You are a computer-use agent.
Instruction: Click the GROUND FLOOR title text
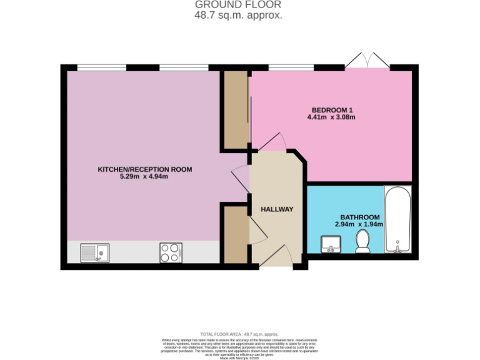[238, 4]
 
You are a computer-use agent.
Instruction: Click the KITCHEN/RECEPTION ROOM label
[144, 169]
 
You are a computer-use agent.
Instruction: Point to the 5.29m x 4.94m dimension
[144, 177]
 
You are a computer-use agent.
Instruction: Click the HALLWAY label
[277, 209]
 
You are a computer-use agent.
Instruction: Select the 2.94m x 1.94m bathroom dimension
[358, 224]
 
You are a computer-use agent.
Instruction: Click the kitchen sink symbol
[94, 252]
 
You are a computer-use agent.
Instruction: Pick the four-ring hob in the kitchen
[171, 252]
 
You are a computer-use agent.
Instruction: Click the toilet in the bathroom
[362, 242]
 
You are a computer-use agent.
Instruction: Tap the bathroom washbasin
[330, 243]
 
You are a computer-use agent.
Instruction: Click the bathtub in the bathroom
[397, 219]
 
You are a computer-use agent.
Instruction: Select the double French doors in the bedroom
[367, 60]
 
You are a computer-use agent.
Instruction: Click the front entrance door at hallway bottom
[276, 257]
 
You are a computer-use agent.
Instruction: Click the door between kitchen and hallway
[240, 179]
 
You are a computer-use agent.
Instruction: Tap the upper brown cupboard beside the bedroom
[236, 110]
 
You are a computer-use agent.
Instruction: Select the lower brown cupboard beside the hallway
[236, 234]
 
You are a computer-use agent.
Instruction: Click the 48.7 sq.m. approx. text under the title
[238, 14]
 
